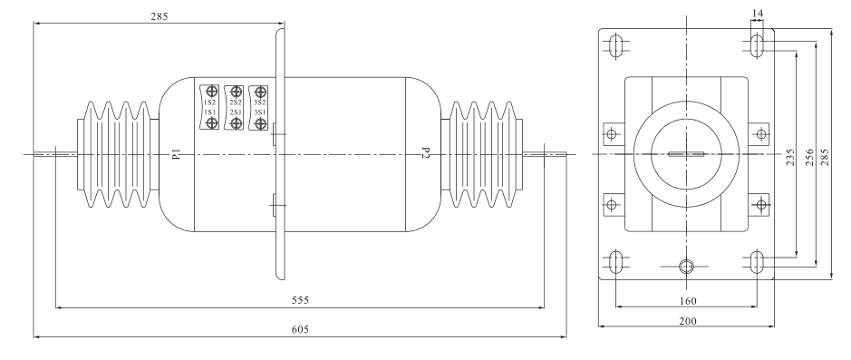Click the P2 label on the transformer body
[x=424, y=153]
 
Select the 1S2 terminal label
[x=210, y=102]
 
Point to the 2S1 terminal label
[x=235, y=112]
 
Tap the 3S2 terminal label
[x=260, y=102]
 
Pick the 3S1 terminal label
[x=260, y=112]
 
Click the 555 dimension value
[x=300, y=298]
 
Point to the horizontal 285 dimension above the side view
[x=157, y=15]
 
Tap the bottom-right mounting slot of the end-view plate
[x=758, y=262]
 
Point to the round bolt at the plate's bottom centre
[x=686, y=266]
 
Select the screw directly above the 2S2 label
[x=236, y=91]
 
